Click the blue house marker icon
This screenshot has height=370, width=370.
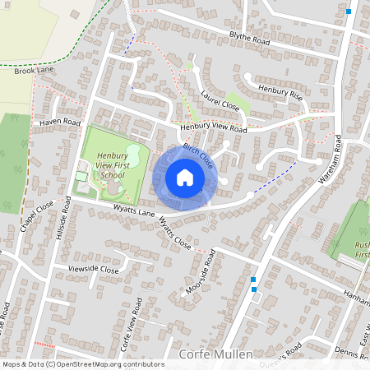[185, 178]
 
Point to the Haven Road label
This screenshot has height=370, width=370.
[60, 122]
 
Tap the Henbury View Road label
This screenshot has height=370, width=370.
[214, 129]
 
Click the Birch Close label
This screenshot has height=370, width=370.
[198, 155]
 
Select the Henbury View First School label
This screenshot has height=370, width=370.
[110, 164]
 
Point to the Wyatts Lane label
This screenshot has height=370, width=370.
[111, 211]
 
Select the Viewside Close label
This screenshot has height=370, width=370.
[94, 269]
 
